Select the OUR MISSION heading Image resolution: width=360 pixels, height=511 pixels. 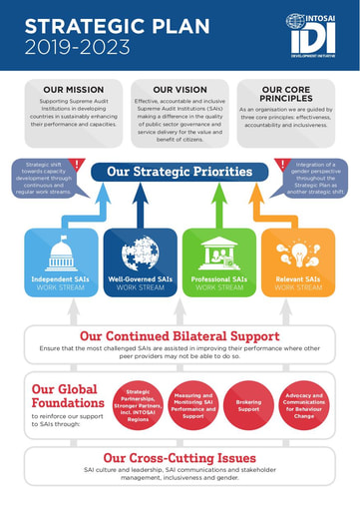(x=67, y=90)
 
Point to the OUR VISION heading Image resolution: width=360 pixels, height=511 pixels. (x=180, y=90)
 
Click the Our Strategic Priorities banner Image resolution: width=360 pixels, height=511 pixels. (x=180, y=171)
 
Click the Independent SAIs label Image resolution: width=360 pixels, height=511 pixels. (x=62, y=279)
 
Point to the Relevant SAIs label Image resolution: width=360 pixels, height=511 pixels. (x=297, y=279)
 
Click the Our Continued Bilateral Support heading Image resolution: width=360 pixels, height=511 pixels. (x=180, y=336)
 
